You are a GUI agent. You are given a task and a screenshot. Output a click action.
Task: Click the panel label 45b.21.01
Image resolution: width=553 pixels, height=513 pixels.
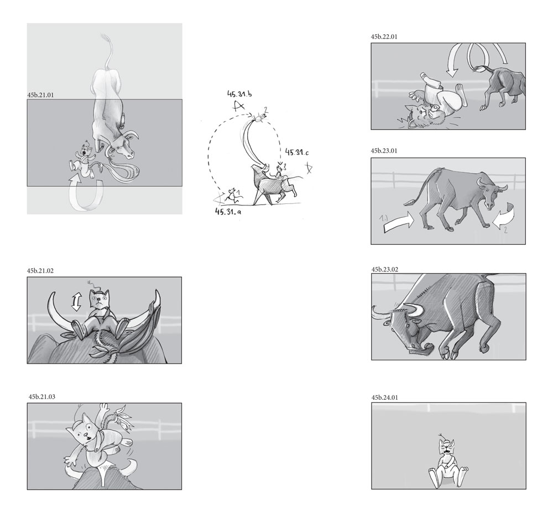(40, 95)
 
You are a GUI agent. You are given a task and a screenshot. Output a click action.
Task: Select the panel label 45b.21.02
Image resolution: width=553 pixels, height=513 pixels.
(40, 271)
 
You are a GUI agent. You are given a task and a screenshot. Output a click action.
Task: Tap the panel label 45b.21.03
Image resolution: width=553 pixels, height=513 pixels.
(42, 397)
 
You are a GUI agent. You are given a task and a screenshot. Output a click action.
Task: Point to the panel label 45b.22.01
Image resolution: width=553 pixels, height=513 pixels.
(384, 36)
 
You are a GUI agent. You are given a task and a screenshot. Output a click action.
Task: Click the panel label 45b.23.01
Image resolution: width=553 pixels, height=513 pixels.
(384, 151)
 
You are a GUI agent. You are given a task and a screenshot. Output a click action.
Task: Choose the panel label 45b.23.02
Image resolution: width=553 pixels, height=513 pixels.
(385, 270)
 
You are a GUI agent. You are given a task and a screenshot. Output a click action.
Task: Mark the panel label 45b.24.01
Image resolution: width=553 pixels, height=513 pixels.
(385, 397)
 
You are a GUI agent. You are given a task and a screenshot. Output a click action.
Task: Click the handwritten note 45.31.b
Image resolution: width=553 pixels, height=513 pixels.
(239, 94)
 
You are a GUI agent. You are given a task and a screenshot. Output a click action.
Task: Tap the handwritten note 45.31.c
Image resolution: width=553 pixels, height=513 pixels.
(297, 153)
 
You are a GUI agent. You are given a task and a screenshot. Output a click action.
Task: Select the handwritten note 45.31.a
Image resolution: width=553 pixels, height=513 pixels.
(228, 212)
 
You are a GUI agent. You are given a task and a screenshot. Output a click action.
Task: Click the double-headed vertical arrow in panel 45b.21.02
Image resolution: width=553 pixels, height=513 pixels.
(76, 301)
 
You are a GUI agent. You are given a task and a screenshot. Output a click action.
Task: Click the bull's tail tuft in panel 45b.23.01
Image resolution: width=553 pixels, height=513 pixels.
(409, 203)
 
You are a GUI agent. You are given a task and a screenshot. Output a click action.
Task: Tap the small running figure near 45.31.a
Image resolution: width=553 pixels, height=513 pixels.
(232, 196)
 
